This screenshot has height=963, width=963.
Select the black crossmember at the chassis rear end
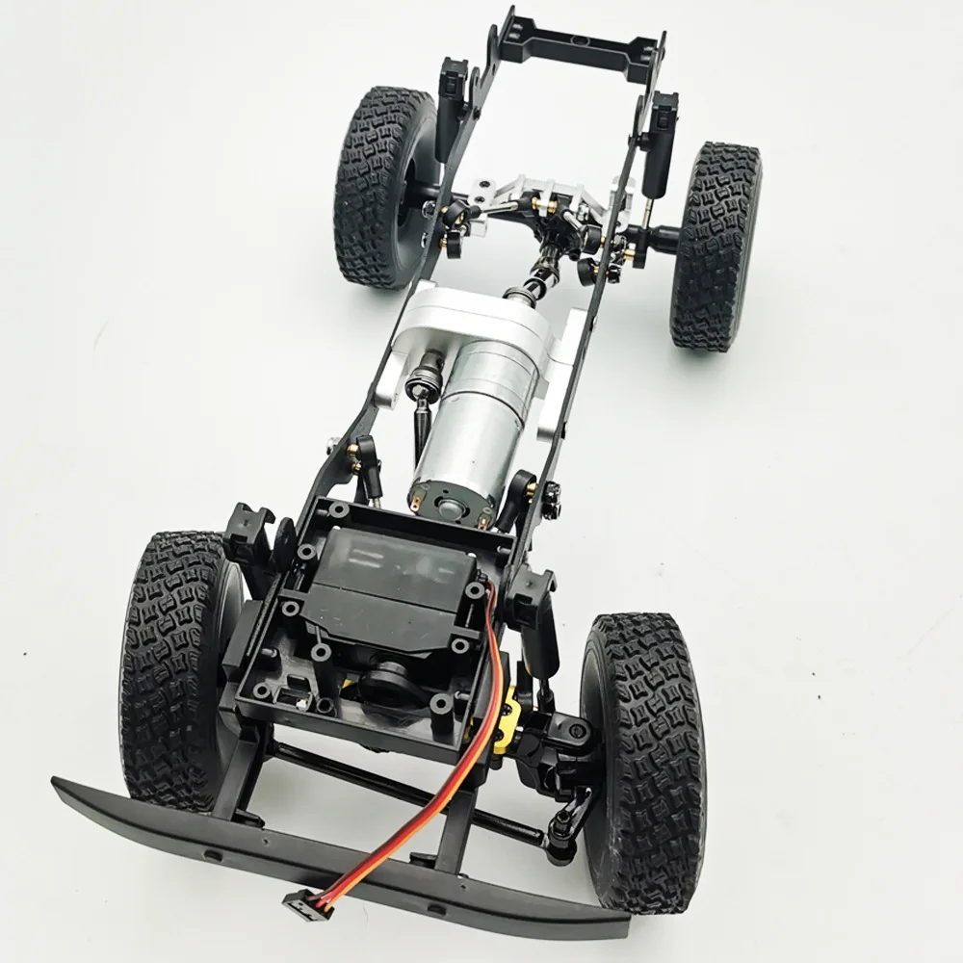coord(585,43)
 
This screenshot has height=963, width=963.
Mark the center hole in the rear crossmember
coord(585,41)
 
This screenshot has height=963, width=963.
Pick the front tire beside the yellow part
coord(643,761)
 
